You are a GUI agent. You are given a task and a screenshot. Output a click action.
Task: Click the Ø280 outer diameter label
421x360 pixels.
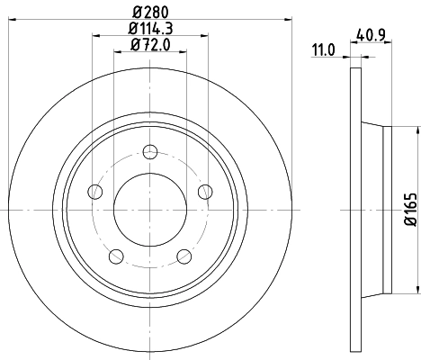pos(149,10)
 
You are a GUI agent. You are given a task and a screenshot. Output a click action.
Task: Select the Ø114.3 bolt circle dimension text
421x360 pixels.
pos(149,28)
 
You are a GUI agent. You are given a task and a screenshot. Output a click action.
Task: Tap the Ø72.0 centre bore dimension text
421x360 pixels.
pos(149,44)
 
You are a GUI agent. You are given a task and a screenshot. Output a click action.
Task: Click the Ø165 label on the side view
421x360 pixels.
pos(409,210)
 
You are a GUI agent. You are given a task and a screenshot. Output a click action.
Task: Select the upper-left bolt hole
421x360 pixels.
pos(94,190)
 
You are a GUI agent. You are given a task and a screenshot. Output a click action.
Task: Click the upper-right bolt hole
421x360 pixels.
pos(205,190)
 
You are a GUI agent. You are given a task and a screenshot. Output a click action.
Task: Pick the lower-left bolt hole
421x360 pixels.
pos(115,256)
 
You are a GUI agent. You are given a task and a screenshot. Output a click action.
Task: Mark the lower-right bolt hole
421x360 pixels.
pos(184,256)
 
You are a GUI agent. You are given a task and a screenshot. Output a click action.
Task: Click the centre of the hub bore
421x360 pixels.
pos(149,209)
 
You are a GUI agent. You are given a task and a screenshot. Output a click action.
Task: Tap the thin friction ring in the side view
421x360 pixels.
pos(351,209)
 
